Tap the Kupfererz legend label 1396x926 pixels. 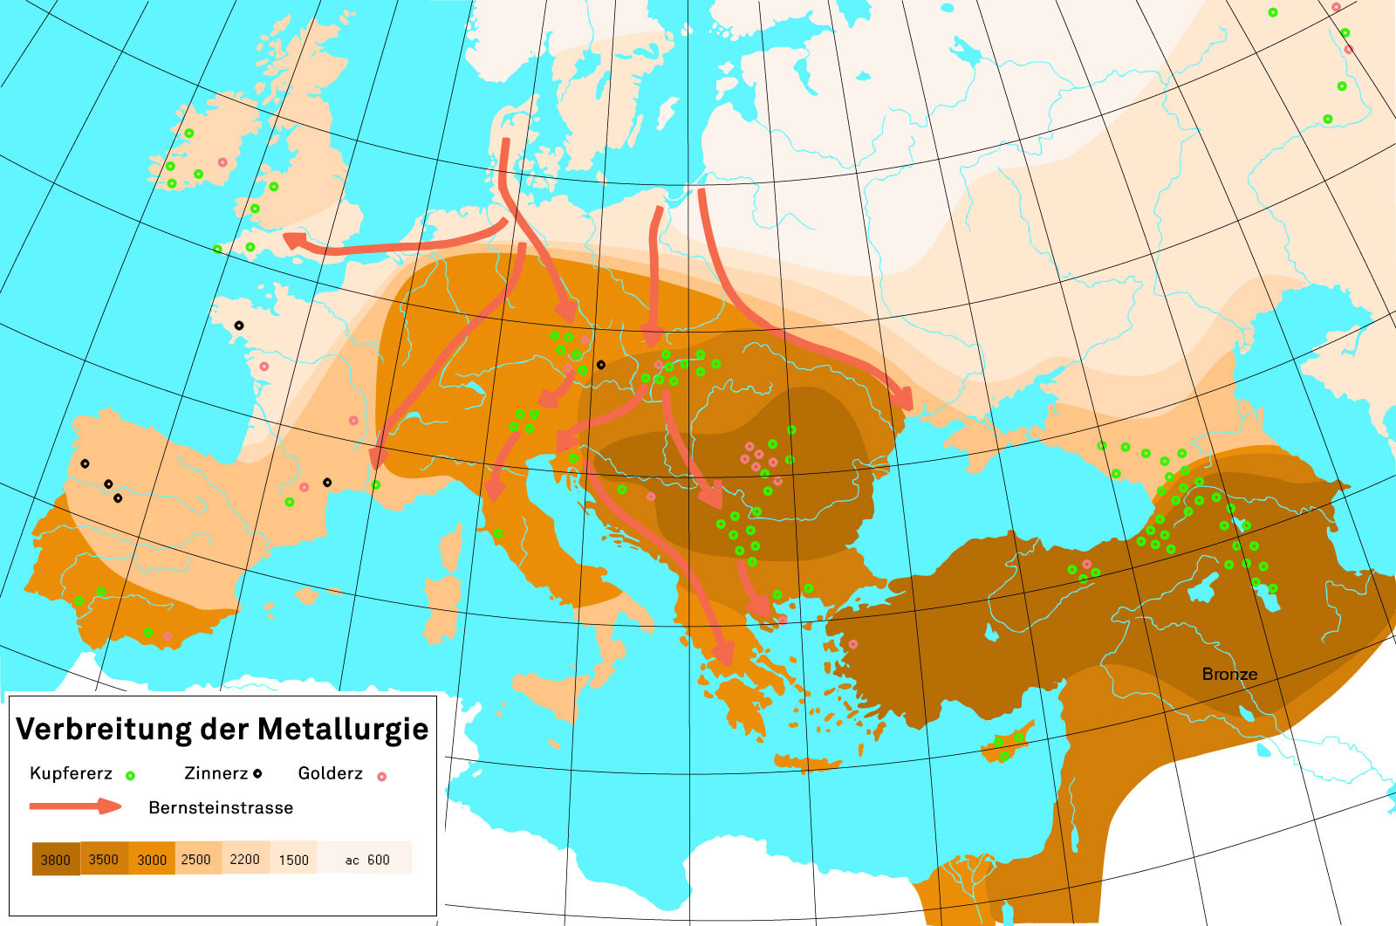tap(71, 773)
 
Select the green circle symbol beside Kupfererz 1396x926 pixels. tap(130, 775)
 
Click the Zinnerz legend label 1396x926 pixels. tap(216, 773)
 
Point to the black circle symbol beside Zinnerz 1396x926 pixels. tap(257, 773)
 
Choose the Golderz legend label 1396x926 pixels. tap(330, 773)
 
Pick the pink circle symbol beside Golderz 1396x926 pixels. tap(381, 775)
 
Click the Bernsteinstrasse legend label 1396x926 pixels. tap(221, 807)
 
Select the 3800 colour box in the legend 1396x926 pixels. tap(56, 859)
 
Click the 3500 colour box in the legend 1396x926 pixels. tap(104, 859)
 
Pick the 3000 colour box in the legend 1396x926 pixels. tap(152, 859)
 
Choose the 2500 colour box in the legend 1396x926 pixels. tap(196, 859)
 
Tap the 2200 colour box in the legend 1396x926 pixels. tap(245, 859)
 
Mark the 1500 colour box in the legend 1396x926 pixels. tap(294, 859)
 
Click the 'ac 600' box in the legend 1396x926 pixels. tap(367, 859)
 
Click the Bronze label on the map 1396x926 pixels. tap(1229, 674)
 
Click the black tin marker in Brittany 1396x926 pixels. tap(239, 326)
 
